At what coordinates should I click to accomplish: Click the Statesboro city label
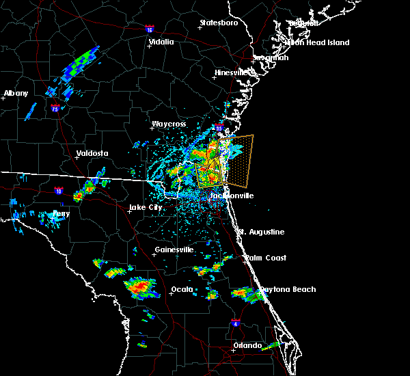coord(219,23)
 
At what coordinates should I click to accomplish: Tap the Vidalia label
coord(162,42)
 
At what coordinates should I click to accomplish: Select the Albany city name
coord(16,93)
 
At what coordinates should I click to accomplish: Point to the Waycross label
coord(169,124)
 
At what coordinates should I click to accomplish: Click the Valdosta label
coord(92,153)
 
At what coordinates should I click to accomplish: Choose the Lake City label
coord(146,207)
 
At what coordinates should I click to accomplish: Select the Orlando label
coord(247,345)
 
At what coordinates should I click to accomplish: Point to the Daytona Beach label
coord(286,289)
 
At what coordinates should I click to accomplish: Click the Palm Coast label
coord(266,258)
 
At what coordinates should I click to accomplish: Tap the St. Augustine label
coord(260,232)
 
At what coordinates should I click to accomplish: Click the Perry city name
coord(61,213)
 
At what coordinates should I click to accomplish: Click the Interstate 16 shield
coord(150,29)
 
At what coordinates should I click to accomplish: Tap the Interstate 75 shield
coord(55,107)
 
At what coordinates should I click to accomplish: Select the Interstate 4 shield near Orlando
coord(235,322)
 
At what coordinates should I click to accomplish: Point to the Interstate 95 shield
coord(219,127)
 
